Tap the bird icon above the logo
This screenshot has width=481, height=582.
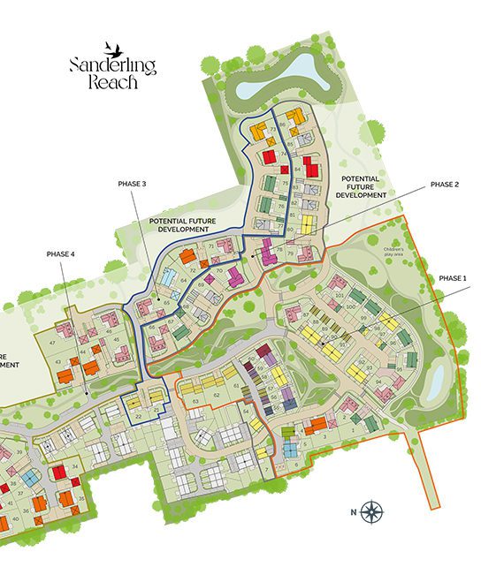point(111,46)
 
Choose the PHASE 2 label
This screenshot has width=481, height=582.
point(444,184)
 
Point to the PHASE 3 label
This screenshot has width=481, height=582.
point(131,184)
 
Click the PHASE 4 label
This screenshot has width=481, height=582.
point(61,254)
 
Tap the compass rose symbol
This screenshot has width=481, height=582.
point(373,510)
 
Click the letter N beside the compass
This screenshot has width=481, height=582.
point(352,511)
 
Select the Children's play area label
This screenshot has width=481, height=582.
point(393,252)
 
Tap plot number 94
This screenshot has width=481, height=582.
point(379,382)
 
